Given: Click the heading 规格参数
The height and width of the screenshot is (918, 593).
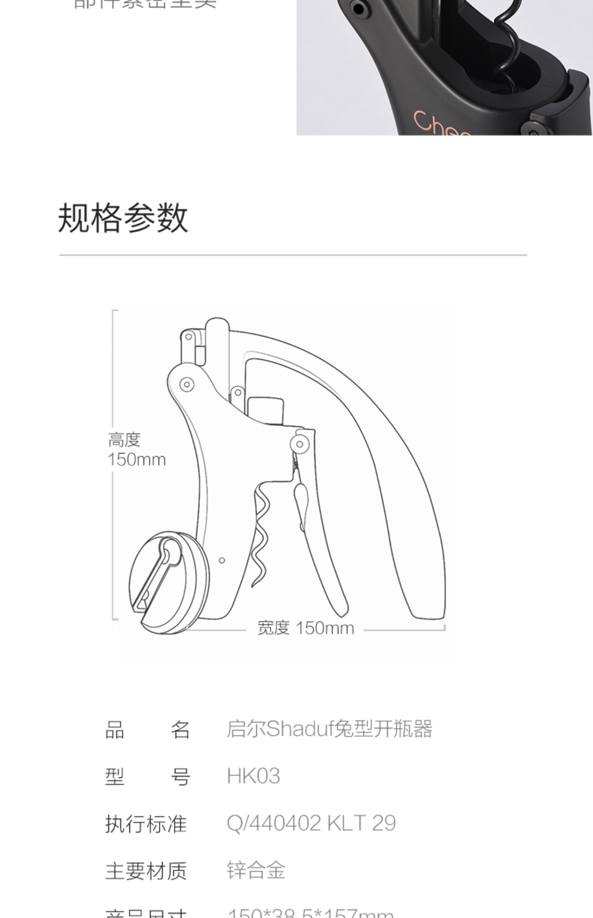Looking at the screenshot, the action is (x=123, y=218).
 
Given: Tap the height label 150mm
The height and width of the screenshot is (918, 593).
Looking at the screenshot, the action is (x=137, y=460).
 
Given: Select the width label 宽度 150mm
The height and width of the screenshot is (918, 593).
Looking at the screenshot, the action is (x=306, y=628).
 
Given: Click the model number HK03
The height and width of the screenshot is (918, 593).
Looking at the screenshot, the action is (x=253, y=776).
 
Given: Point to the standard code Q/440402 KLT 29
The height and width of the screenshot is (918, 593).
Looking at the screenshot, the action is (x=311, y=823).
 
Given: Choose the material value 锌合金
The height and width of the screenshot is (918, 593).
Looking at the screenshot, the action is (x=256, y=870).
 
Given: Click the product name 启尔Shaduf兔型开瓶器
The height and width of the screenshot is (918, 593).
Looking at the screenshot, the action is (x=329, y=729).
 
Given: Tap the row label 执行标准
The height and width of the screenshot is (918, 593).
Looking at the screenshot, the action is (x=146, y=824).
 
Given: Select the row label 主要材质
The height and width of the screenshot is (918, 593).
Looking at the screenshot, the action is (x=146, y=871).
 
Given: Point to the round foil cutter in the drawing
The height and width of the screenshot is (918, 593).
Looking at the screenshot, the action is (x=169, y=581).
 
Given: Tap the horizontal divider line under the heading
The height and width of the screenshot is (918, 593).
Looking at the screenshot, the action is (x=293, y=255).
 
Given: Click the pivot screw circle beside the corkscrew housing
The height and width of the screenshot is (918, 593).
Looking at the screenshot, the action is (x=299, y=444).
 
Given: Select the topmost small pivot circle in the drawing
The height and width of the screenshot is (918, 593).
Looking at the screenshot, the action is (x=189, y=337).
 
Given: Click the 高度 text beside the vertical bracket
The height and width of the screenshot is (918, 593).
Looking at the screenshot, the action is (x=125, y=440).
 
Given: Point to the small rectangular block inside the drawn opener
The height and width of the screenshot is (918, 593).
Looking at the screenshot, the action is (x=265, y=410).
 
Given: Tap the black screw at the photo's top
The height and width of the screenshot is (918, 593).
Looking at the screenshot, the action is (x=358, y=8).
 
